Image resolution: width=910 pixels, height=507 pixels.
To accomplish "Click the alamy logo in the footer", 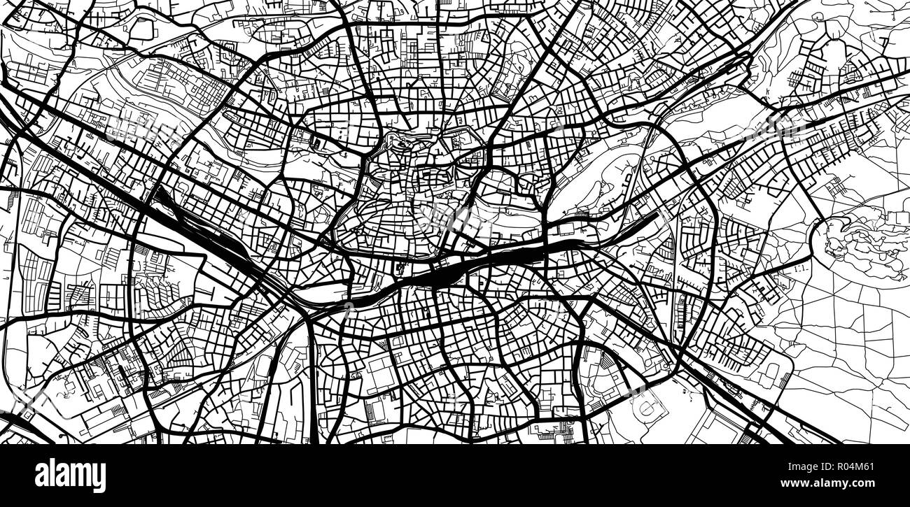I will (x=70, y=476).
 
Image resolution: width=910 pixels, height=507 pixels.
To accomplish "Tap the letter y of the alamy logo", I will (x=99, y=478).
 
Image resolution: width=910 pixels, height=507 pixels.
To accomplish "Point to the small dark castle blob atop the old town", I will (x=400, y=144).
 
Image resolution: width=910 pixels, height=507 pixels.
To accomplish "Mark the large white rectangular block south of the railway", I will (x=381, y=374).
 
